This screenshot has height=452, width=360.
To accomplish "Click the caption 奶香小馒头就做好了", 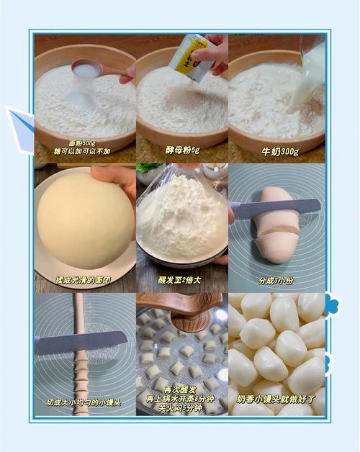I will pos(276,399).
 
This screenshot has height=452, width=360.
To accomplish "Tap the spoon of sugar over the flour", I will pos(91,68).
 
